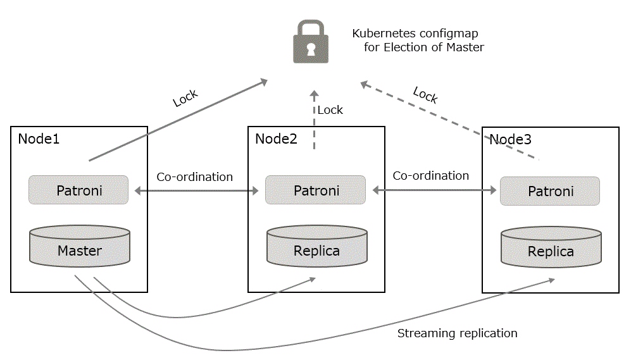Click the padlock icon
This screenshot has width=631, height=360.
pos(310,42)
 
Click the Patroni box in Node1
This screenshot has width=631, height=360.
pos(78,190)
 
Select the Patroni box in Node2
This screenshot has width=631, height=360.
pos(316,190)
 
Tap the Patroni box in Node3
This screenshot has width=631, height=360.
pos(550,191)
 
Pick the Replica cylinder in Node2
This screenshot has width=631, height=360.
pos(316,249)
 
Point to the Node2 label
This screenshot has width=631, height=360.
pos(276,139)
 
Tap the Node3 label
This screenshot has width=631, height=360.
pos(510,140)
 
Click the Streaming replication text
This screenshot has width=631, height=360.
pos(457,333)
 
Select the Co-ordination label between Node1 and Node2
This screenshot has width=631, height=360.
pos(195,177)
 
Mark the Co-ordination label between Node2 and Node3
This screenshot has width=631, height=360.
pos(431,175)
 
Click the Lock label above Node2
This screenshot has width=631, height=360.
pos(330,110)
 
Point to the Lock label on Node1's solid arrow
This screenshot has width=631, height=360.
pos(185,98)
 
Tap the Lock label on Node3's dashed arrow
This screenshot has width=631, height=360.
pos(425,95)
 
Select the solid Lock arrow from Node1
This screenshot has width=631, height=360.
pos(177,120)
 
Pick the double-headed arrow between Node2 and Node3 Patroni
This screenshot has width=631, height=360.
pos(433,189)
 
